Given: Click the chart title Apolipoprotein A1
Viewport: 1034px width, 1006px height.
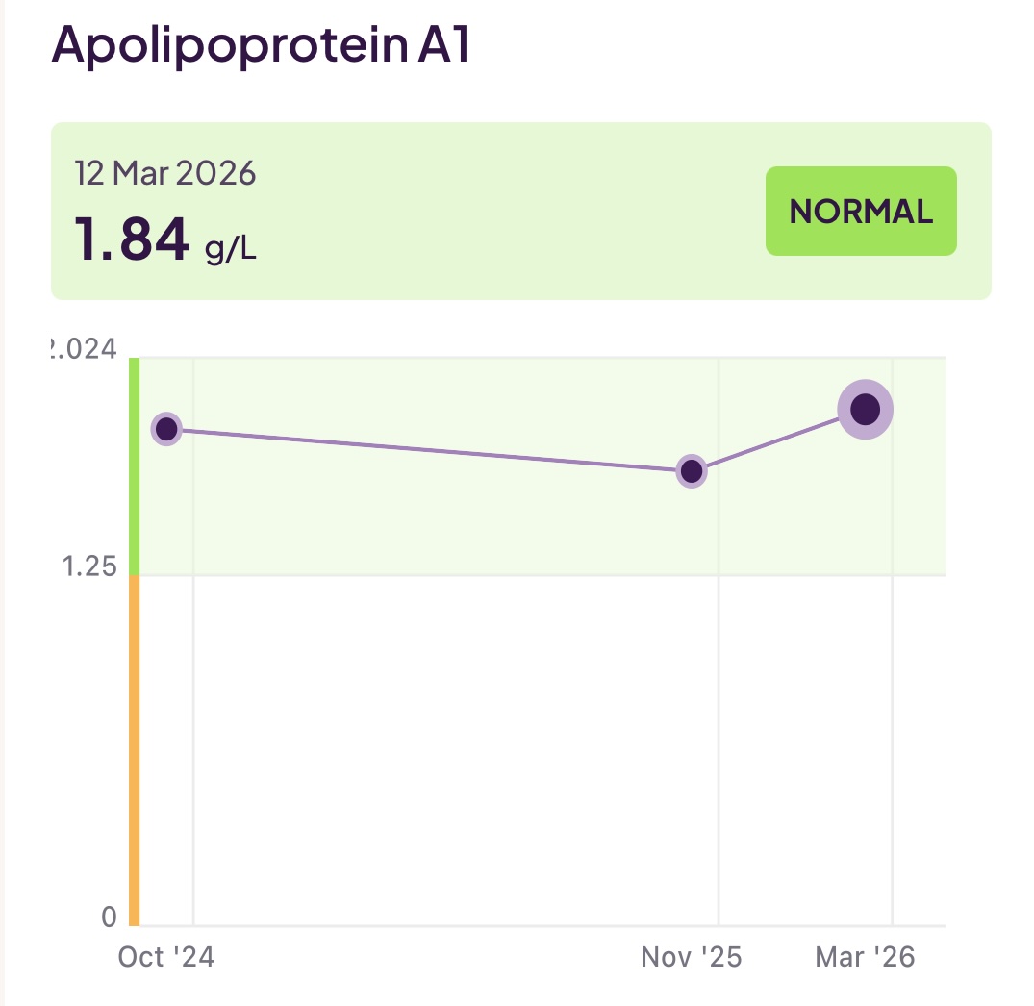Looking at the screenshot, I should click(x=261, y=45).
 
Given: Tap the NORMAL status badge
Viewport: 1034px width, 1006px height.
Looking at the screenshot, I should click(x=861, y=212).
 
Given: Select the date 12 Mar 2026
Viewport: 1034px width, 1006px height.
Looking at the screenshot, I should click(x=165, y=173).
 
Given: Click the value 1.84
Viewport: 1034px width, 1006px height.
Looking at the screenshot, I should click(x=132, y=240).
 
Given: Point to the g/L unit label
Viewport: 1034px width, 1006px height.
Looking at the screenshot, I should click(x=231, y=248).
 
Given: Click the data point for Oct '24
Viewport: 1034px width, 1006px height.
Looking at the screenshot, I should click(x=166, y=429).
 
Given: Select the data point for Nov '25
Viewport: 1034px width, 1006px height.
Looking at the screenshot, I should click(x=691, y=471).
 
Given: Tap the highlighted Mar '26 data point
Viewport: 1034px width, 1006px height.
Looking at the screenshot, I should click(x=865, y=410).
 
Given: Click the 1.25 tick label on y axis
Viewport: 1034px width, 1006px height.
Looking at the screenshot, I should click(x=88, y=566).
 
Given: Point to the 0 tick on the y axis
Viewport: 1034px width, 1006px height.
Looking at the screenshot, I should click(x=109, y=917).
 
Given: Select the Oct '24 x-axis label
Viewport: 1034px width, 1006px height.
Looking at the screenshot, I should click(x=165, y=957).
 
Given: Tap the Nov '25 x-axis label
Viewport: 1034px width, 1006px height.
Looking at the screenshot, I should click(x=691, y=957).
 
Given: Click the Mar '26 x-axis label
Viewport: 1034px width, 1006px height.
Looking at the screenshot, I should click(x=865, y=957).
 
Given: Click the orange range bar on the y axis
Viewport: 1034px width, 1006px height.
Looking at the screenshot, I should click(x=135, y=750).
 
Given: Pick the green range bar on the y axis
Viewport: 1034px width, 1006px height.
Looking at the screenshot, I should click(x=135, y=466).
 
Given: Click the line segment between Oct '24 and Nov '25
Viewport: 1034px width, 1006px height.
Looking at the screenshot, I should click(x=428, y=450).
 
